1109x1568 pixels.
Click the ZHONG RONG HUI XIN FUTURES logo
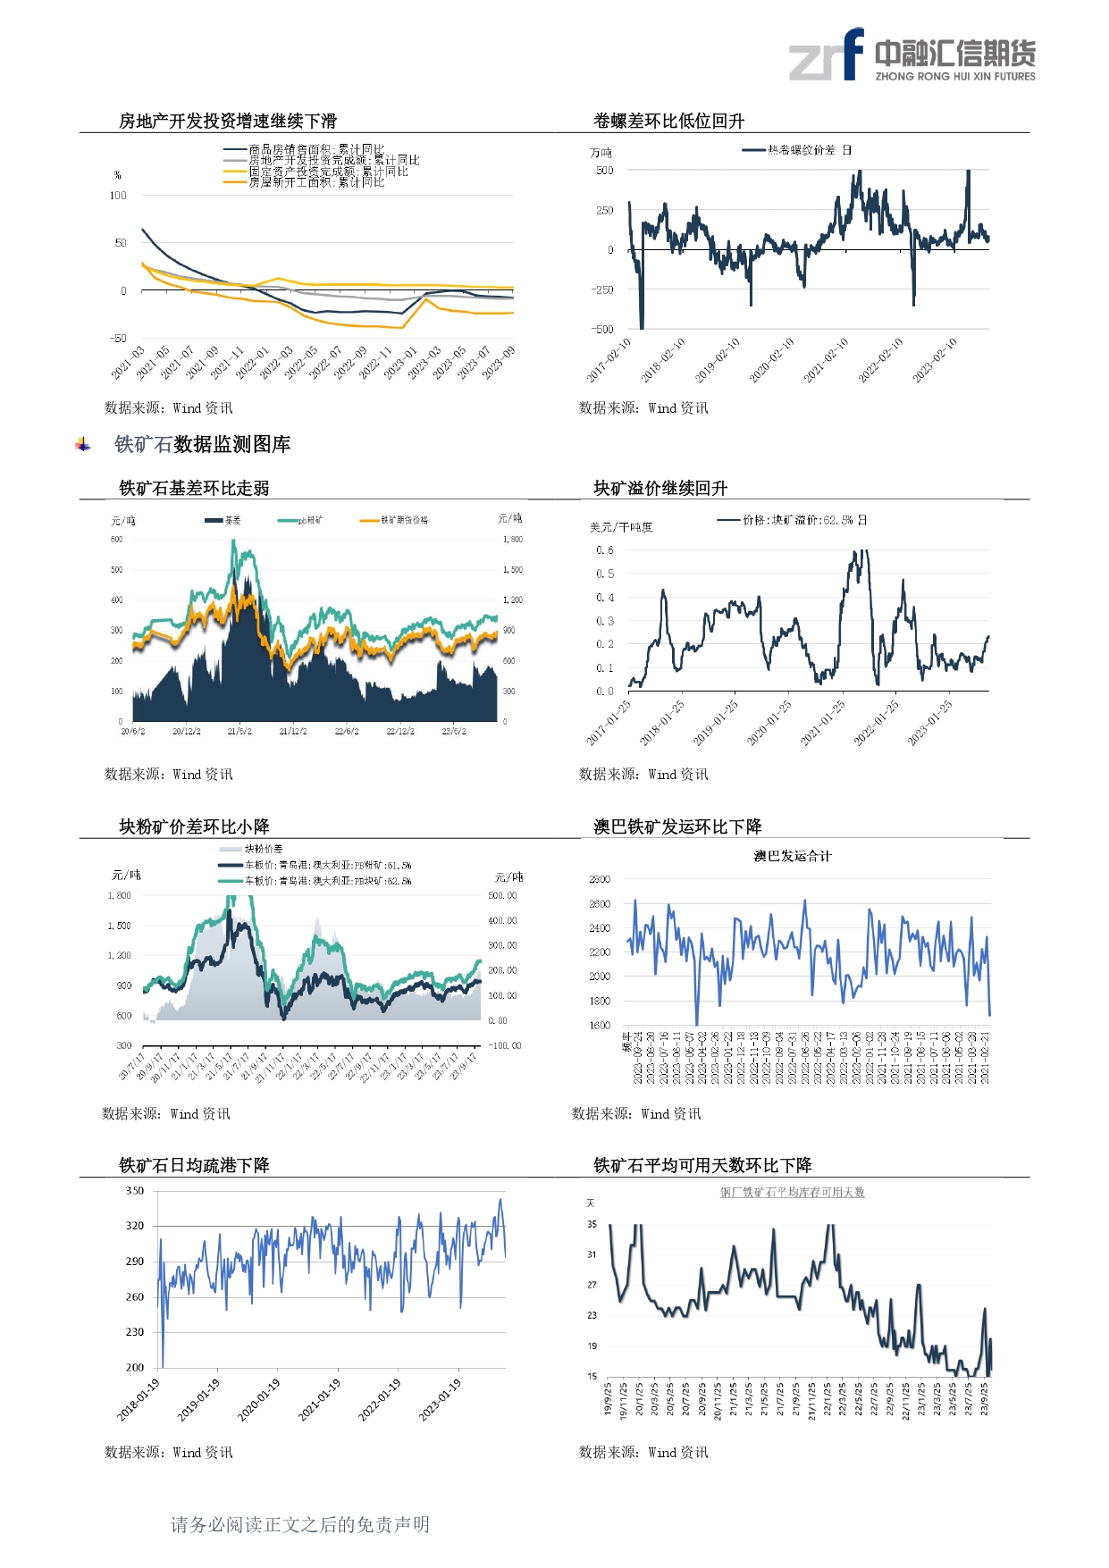tap(912, 55)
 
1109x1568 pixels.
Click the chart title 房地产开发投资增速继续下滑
tap(227, 122)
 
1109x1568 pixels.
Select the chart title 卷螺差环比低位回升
tap(668, 122)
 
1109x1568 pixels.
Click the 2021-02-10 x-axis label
tap(827, 360)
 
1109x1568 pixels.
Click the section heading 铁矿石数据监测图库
tap(202, 445)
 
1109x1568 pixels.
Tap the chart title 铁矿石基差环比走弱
tap(194, 489)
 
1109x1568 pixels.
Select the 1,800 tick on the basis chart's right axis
tap(512, 540)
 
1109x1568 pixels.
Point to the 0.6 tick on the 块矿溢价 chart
tap(605, 550)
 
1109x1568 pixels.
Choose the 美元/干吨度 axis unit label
tap(621, 527)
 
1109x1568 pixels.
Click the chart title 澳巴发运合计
tap(792, 856)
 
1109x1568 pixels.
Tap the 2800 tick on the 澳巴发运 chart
tap(600, 880)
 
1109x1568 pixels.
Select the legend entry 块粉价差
tap(264, 849)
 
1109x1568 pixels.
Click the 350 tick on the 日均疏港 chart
tap(135, 1191)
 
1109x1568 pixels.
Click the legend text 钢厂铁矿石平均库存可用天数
tap(792, 1193)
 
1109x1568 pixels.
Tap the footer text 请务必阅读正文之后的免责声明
tap(300, 1524)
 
